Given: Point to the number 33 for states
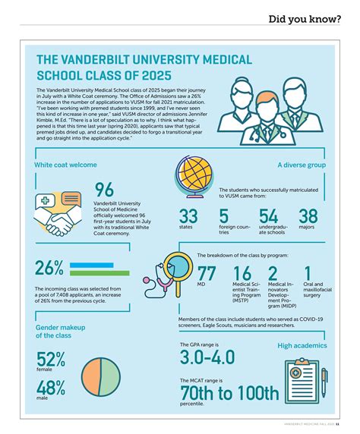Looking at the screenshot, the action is point(188,217).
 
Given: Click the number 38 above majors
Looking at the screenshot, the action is point(308,217).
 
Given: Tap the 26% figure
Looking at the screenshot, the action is point(50,269).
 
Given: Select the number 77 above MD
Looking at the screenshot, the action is point(207,275).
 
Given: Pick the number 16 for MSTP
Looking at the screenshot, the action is point(243,275).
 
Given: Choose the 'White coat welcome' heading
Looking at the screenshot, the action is point(65,164).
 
